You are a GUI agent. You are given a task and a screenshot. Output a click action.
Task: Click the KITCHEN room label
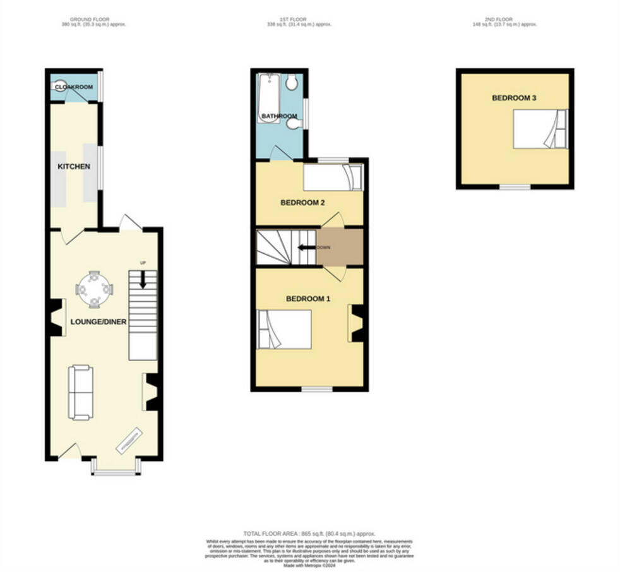click(x=74, y=167)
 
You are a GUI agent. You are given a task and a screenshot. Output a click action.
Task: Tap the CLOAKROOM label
click(x=74, y=87)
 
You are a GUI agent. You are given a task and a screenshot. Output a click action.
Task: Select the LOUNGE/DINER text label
click(x=98, y=322)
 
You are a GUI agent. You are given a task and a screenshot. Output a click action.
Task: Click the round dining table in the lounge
click(x=94, y=289)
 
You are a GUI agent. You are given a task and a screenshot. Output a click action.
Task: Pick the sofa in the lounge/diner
click(x=81, y=392)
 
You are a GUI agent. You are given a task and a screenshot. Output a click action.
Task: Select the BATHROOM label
click(x=280, y=116)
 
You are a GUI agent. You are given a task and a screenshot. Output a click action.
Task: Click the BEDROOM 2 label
click(x=302, y=203)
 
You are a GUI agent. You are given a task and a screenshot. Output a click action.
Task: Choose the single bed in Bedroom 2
click(x=333, y=177)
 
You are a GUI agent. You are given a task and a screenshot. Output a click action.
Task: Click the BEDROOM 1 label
click(x=308, y=299)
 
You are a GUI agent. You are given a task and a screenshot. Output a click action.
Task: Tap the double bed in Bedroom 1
click(x=284, y=329)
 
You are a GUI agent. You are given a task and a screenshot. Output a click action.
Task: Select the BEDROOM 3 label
click(x=515, y=98)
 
